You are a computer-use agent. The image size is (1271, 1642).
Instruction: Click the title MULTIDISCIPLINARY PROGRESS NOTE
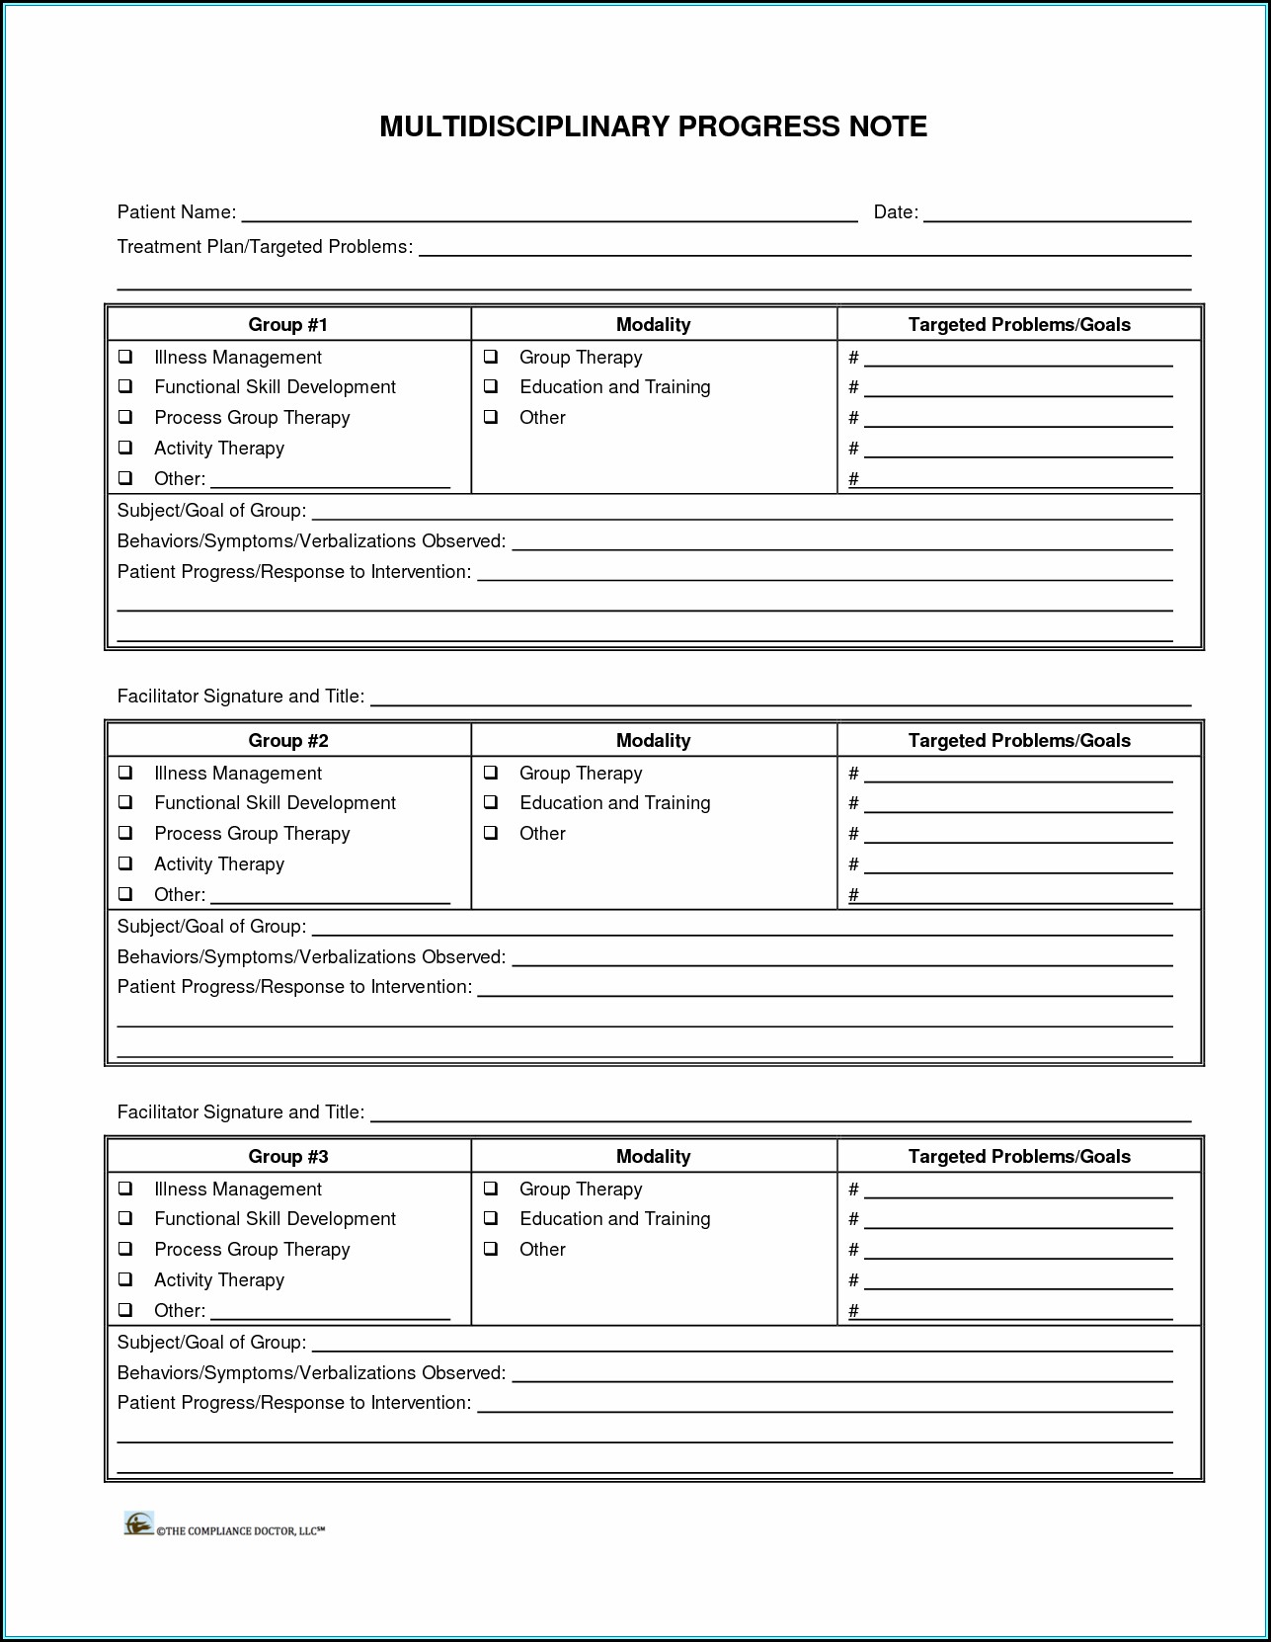[653, 126]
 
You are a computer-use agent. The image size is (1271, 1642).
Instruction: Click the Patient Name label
[176, 212]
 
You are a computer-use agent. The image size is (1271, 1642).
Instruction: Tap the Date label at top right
[895, 212]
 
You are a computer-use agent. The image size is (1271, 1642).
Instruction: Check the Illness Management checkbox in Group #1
[125, 357]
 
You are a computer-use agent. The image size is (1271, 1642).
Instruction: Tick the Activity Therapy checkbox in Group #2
[125, 863]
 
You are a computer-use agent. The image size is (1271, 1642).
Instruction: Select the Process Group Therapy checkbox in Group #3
[125, 1249]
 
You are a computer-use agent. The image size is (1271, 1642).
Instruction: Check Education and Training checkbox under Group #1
[491, 386]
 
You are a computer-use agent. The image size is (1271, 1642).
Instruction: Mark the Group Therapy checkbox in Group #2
[491, 773]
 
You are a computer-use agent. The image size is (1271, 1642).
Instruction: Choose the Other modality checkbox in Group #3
[491, 1249]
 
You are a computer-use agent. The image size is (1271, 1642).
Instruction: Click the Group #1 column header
[287, 325]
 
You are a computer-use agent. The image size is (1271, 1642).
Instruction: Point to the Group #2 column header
[287, 741]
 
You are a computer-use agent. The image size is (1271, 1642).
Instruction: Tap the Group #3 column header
[287, 1157]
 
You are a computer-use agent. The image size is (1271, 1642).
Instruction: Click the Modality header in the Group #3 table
[653, 1157]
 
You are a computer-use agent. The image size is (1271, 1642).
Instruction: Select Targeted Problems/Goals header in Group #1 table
[1019, 325]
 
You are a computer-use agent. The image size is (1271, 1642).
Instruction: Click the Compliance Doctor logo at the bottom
[139, 1523]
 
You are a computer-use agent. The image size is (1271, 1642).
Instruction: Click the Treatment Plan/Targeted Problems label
[265, 247]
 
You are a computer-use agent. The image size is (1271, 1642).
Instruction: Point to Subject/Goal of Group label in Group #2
[211, 927]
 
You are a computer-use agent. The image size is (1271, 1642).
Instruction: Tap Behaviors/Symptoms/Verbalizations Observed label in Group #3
[311, 1373]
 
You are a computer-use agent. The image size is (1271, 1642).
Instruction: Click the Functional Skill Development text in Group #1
[275, 387]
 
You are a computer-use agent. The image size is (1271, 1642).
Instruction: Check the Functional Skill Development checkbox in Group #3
[125, 1218]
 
